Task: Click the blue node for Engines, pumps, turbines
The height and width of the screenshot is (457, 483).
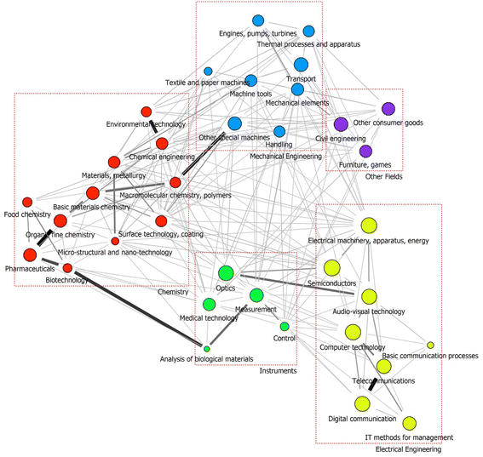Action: tap(258, 20)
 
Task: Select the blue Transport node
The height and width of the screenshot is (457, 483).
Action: tap(300, 65)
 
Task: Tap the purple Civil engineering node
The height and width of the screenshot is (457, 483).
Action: tap(341, 124)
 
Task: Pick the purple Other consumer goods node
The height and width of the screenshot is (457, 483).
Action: tap(388, 108)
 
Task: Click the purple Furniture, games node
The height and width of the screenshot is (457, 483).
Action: tap(365, 151)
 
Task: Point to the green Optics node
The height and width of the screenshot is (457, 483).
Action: tap(226, 273)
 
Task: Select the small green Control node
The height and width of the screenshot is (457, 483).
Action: tap(285, 327)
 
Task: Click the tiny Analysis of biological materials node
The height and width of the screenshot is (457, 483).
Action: tap(206, 349)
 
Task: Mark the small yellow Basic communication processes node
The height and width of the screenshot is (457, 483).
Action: tap(430, 345)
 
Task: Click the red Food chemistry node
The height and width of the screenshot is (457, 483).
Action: tap(26, 203)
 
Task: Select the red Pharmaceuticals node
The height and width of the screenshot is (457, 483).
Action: tap(30, 254)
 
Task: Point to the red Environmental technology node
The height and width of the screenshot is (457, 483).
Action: tap(146, 111)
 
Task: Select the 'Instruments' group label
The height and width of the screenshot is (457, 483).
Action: tap(278, 371)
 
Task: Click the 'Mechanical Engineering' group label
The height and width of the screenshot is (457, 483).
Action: tap(285, 157)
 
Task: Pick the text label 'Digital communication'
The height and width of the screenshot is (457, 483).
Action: tap(362, 419)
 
